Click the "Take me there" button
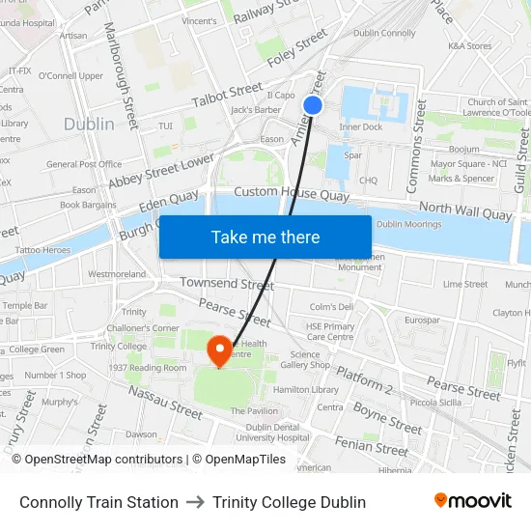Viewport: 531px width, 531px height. tap(265, 237)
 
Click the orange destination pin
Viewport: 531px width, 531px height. tap(220, 349)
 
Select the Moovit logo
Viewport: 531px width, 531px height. tap(472, 501)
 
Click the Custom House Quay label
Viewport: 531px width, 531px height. tap(291, 194)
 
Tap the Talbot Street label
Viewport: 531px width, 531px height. tap(227, 94)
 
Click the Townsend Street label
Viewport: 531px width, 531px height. tap(227, 284)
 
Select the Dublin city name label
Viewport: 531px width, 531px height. tap(89, 124)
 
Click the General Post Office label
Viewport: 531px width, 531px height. tap(84, 164)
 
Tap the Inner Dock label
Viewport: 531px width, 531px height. tap(360, 126)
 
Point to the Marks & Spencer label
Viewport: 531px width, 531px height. tap(461, 179)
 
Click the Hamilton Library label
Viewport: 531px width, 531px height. tap(306, 389)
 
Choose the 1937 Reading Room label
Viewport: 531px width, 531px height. tap(148, 368)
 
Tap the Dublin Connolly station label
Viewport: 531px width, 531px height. tap(384, 33)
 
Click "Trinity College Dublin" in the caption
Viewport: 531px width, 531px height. tap(289, 502)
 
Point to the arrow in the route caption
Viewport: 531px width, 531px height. tap(195, 502)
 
